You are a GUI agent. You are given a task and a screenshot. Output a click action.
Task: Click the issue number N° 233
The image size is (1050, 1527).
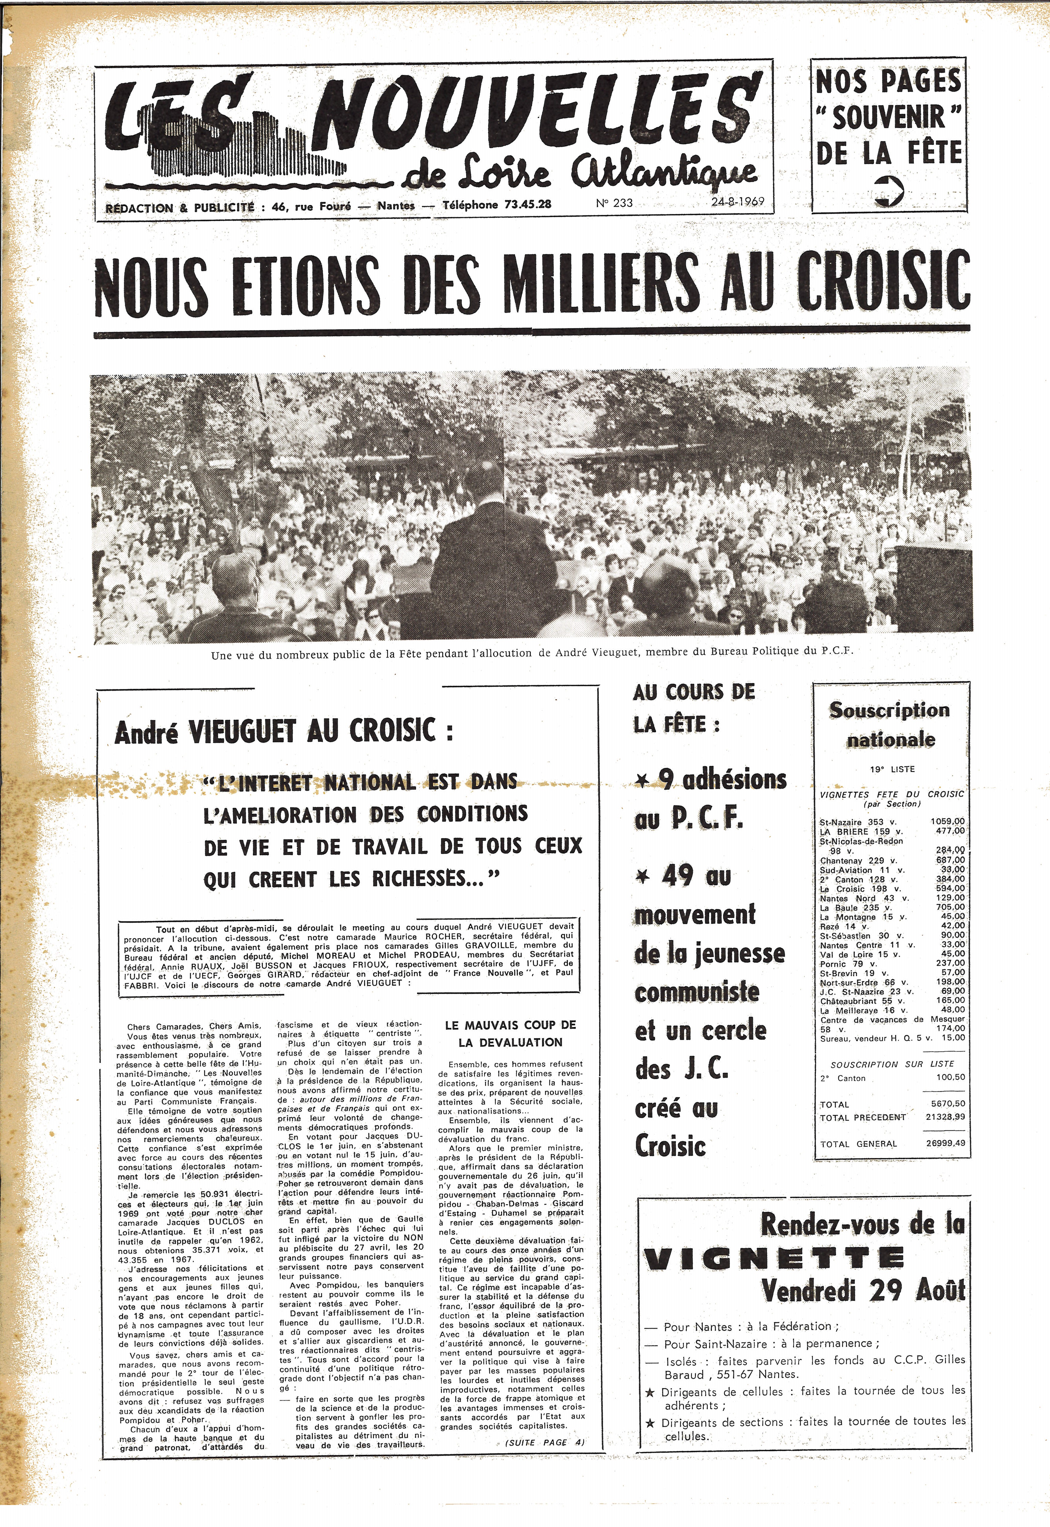coord(614,203)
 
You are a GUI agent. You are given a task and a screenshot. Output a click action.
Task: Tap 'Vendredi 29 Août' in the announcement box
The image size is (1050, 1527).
coord(863,1290)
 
